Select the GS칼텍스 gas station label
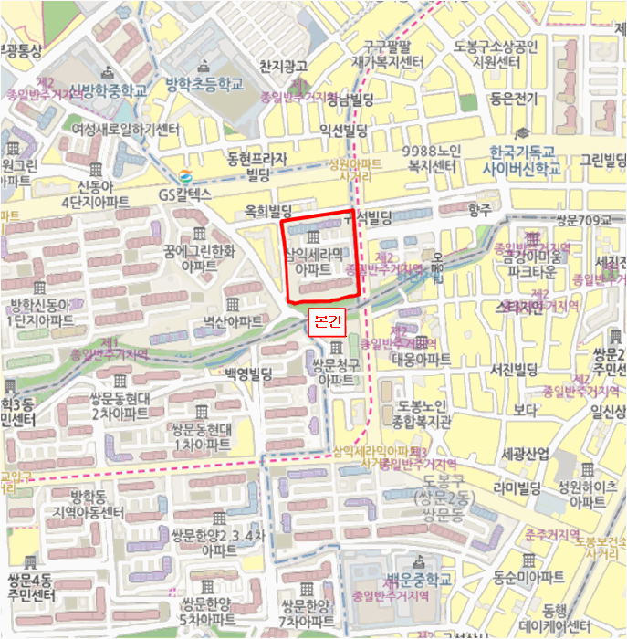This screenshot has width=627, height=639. tap(184, 194)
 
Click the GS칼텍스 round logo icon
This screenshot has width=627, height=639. tap(185, 176)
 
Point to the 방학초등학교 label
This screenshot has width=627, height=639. tap(204, 84)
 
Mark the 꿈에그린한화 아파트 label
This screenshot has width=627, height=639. tap(206, 258)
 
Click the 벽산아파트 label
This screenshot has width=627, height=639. tap(233, 321)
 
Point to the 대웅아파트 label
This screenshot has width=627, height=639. tap(415, 360)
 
